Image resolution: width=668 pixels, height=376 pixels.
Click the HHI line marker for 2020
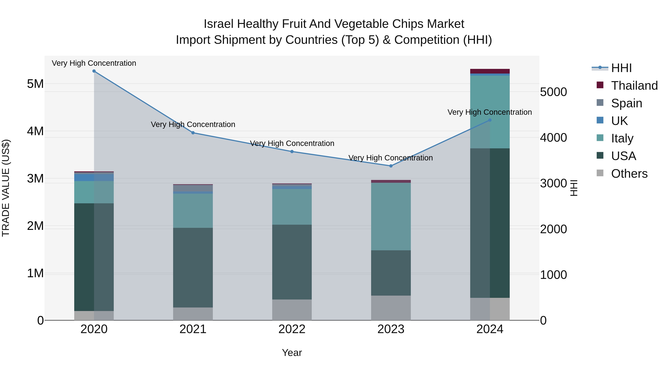pos(94,71)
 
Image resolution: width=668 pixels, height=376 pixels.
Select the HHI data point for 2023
pos(391,166)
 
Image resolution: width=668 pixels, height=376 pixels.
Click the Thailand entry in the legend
pos(634,86)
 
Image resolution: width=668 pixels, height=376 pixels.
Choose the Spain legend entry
pos(626,103)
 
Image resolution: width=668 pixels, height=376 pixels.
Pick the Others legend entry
pos(629,174)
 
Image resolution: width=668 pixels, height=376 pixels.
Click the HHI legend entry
pos(621,68)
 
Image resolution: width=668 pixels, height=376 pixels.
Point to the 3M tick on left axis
pos(35,178)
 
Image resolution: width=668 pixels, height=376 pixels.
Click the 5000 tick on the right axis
pos(553,92)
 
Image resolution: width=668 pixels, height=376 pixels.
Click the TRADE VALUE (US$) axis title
pos(6,188)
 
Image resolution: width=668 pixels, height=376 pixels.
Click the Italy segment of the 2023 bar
pos(391,217)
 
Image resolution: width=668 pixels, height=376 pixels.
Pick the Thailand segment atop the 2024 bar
pos(490,71)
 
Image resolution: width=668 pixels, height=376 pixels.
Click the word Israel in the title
pos(219,24)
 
